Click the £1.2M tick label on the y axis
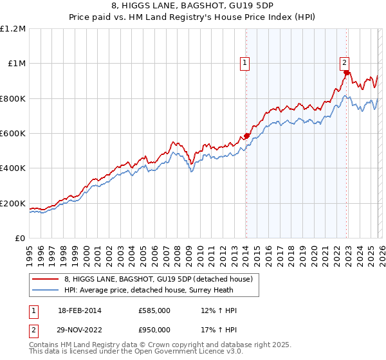pyautogui.click(x=13, y=28)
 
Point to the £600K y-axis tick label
pyautogui.click(x=13, y=134)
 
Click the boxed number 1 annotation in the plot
pyautogui.click(x=246, y=63)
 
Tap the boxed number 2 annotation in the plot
pyautogui.click(x=345, y=62)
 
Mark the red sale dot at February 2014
pyautogui.click(x=246, y=136)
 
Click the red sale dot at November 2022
pyautogui.click(x=346, y=73)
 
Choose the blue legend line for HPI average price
pyautogui.click(x=45, y=290)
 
